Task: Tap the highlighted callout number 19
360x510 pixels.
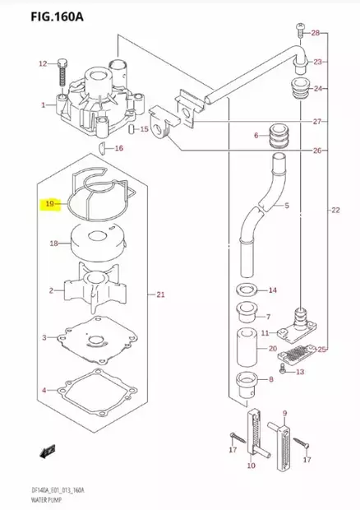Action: tap(50, 204)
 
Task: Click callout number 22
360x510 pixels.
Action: tap(335, 211)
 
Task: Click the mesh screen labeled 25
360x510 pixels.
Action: tap(297, 354)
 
